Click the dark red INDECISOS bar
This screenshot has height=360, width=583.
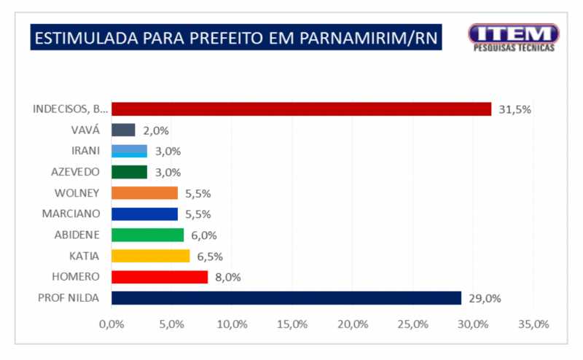pos(301,109)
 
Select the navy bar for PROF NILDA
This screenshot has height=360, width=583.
pos(286,298)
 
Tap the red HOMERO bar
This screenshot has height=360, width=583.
pos(160,277)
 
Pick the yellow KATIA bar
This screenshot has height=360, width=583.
pos(150,256)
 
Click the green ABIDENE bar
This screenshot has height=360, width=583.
pos(147,235)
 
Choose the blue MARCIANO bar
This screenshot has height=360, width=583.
pos(144,214)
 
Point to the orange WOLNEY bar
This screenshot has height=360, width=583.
pos(144,193)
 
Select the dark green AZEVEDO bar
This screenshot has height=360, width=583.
pos(129,172)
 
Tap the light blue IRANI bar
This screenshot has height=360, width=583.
pos(129,151)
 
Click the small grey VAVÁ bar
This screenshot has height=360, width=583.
pos(123,130)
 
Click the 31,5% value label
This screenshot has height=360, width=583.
pos(514,110)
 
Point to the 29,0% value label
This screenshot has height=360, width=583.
pos(485,299)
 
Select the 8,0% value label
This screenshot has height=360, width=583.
pos(227,278)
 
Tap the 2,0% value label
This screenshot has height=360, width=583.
pos(156,131)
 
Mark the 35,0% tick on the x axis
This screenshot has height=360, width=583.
pos(532,324)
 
